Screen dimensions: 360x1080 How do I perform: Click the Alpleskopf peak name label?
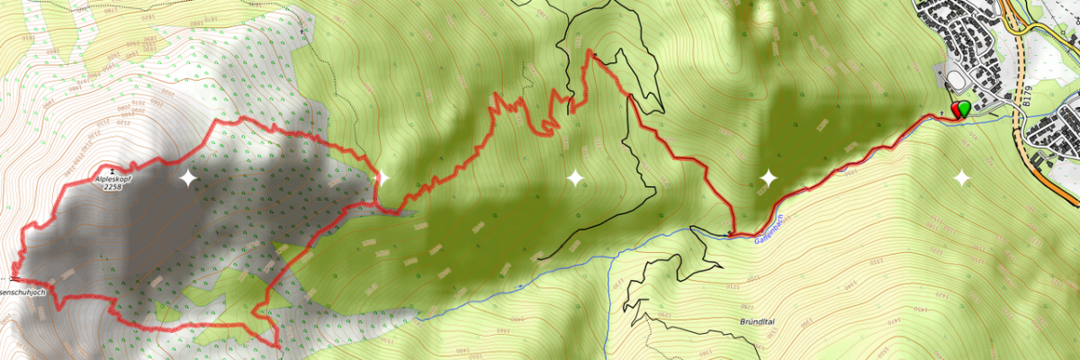point(112,179)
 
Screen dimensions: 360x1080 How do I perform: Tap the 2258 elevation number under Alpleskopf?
point(112,188)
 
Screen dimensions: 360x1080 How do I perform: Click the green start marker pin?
point(964,109)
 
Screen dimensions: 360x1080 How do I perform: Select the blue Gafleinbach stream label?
point(771,229)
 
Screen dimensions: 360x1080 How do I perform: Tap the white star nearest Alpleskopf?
point(187,178)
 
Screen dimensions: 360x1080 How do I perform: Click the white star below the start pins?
point(961,178)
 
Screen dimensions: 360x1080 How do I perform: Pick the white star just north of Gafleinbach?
point(768,178)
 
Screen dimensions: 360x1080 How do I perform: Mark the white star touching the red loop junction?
point(381,178)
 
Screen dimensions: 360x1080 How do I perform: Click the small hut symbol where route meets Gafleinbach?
point(729,234)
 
